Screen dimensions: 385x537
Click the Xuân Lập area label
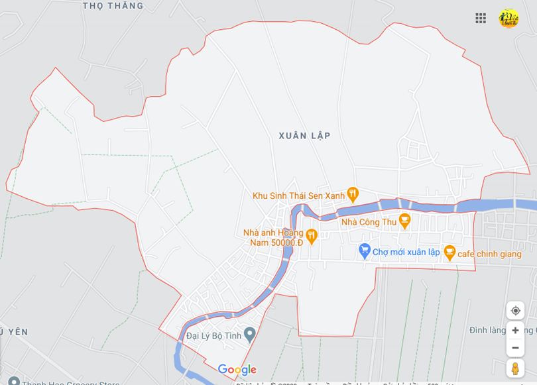pos(304,136)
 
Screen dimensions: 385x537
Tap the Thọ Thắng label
pos(113,6)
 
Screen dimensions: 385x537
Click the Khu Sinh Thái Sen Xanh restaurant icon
pos(353,194)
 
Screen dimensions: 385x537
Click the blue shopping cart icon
pos(364,250)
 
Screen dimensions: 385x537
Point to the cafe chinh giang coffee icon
pos(449,252)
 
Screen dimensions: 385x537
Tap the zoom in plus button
pos(515,330)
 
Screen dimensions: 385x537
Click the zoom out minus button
pos(515,348)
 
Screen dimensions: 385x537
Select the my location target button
pos(515,310)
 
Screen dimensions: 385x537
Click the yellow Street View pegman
pos(515,368)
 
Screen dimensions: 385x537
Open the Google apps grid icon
pos(481,19)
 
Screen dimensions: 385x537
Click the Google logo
pos(237,370)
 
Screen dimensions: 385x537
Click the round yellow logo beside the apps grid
pos(508,19)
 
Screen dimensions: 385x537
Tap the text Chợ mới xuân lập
pos(406,252)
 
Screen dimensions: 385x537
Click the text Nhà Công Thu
pos(369,222)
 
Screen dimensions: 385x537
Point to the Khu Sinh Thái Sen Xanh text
pos(298,195)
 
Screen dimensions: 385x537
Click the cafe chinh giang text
pos(489,254)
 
